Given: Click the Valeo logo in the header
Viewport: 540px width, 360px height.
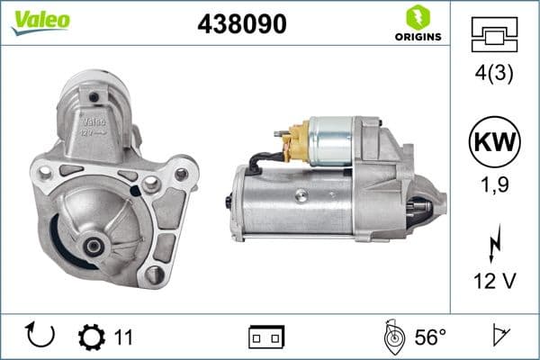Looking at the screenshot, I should pos(40,21).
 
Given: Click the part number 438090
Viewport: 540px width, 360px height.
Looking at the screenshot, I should pos(241,24).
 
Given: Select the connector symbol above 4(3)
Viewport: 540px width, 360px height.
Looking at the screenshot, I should pos(494,36).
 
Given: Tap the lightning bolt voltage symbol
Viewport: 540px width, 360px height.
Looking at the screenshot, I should pos(494,245).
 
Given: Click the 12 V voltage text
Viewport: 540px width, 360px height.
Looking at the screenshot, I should pos(494,282).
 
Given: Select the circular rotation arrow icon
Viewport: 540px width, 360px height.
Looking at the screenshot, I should pos(41,336).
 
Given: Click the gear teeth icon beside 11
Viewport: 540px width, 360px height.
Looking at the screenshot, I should pos(91,337).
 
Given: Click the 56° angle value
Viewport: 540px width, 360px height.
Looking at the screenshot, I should pos(430,337).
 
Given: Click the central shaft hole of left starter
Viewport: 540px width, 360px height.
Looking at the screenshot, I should pos(94,246).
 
